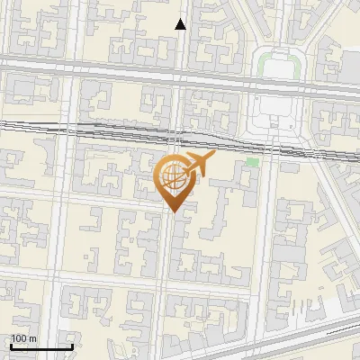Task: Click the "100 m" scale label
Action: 23,337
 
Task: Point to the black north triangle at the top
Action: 181,24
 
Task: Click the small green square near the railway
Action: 253,162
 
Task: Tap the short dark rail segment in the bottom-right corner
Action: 342,330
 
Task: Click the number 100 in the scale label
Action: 20,337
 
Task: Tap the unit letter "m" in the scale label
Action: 32,337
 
